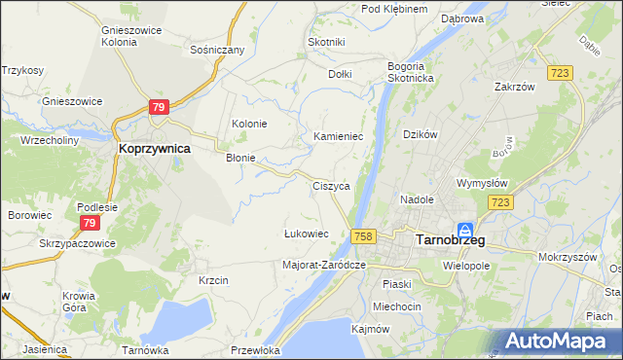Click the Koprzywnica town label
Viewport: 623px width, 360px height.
point(154,149)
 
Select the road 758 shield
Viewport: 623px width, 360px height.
point(364,236)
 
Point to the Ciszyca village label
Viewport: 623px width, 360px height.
point(331,185)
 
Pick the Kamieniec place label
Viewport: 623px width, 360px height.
point(338,137)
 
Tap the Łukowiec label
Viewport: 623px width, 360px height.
point(306,234)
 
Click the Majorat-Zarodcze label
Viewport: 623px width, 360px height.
point(323,264)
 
